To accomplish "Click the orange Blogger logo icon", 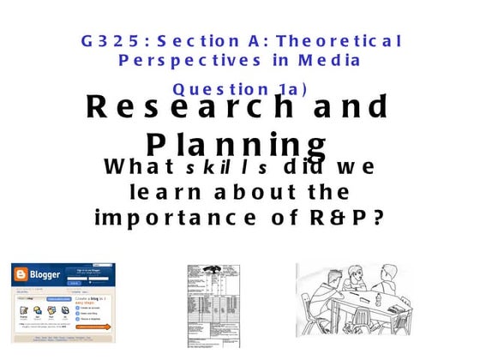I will pyautogui.click(x=21, y=275).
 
